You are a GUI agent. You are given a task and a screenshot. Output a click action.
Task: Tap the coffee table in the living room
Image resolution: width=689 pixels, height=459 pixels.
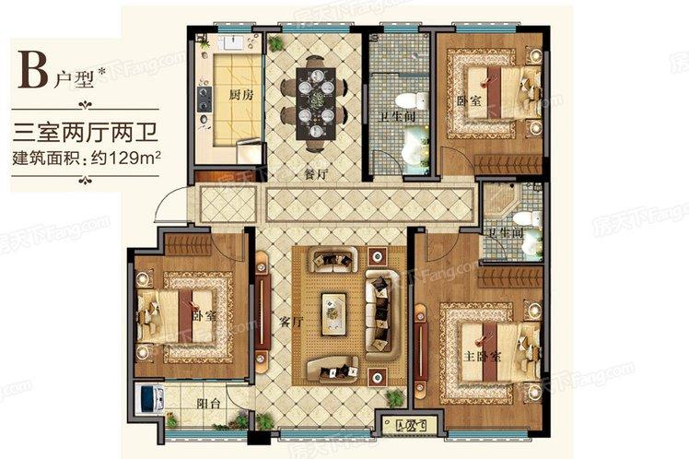(x=333, y=311)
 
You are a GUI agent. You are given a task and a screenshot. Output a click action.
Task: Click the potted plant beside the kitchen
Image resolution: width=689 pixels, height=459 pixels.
(x=274, y=43)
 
